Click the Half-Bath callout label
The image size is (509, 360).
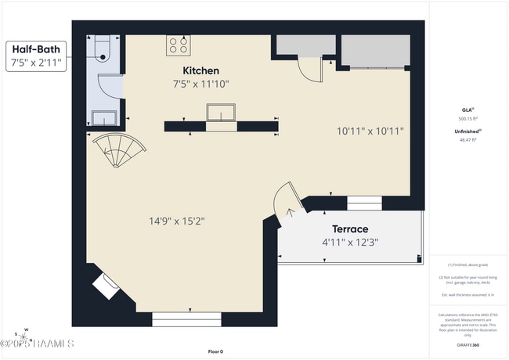pyautogui.click(x=34, y=49)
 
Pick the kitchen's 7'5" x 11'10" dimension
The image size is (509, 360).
pyautogui.click(x=200, y=84)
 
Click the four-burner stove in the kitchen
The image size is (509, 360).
pyautogui.click(x=177, y=45)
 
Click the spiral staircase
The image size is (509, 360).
pyautogui.click(x=117, y=150)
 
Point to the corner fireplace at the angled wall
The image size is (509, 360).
pyautogui.click(x=106, y=286)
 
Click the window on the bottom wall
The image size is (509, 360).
pyautogui.click(x=186, y=319)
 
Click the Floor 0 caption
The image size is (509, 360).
pyautogui.click(x=216, y=351)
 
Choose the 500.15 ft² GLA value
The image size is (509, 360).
pyautogui.click(x=467, y=118)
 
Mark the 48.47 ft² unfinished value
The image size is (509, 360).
pyautogui.click(x=467, y=139)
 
